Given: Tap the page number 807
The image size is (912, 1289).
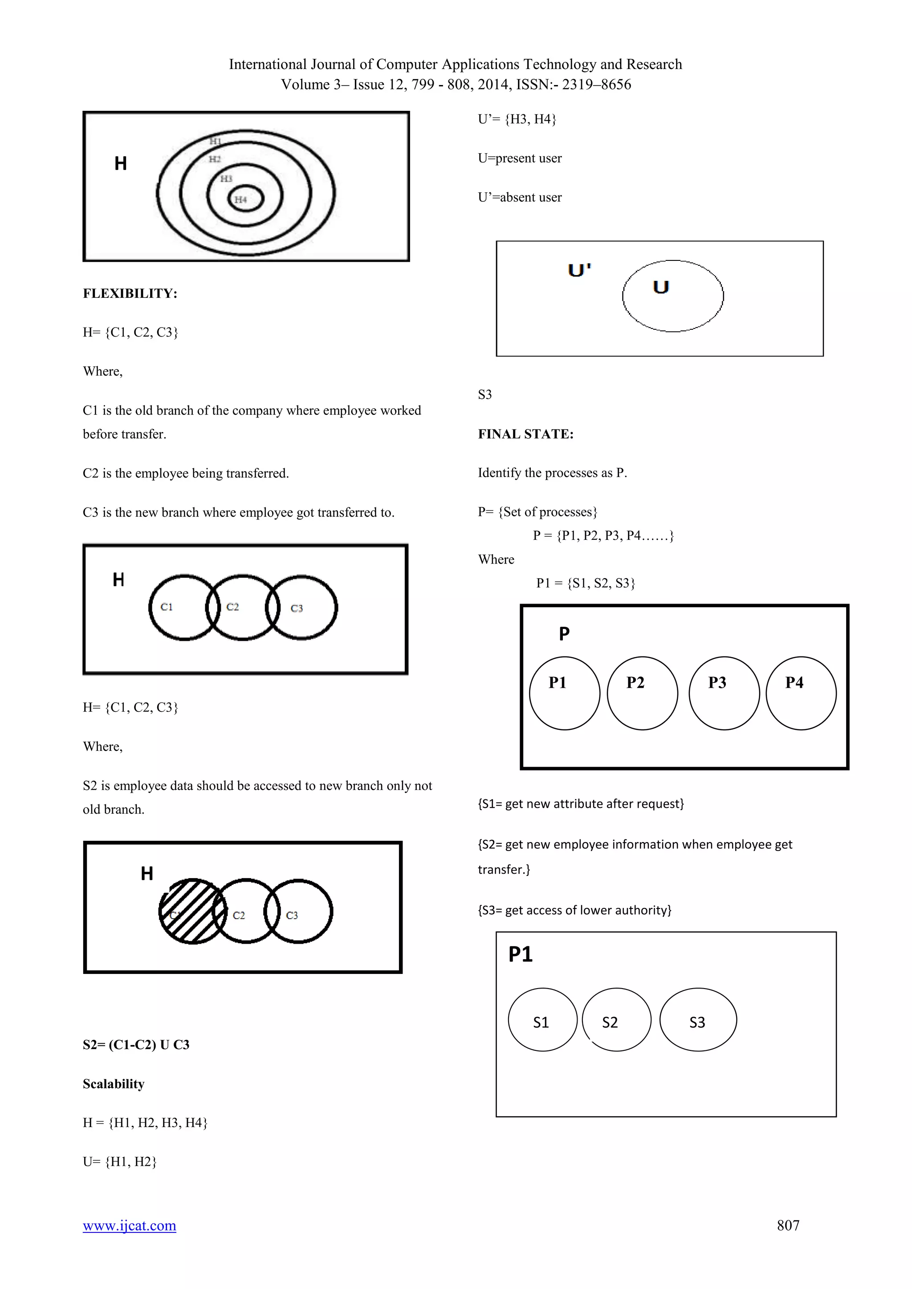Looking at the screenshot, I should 788,1225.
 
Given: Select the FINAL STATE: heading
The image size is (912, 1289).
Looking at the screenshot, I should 525,434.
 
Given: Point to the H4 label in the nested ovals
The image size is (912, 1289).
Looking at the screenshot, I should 241,199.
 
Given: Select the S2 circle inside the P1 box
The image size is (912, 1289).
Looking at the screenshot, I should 616,1020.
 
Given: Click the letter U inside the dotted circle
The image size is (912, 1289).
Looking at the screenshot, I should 661,288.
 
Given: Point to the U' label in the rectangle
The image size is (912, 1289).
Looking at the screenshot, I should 579,270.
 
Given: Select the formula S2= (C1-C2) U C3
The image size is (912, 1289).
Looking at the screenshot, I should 136,1044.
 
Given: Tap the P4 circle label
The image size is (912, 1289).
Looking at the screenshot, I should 794,682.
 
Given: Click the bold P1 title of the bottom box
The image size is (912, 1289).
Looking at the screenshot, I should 520,954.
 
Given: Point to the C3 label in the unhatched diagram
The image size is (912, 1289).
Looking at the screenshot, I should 297,608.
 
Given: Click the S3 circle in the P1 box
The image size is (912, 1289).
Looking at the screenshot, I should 697,1020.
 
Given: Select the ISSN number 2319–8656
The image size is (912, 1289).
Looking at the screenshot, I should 596,84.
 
